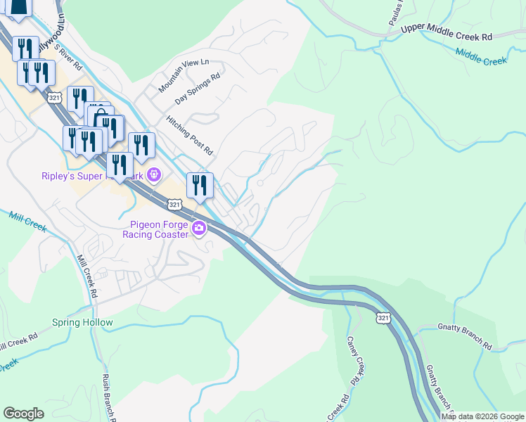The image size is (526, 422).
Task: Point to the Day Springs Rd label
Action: (x=198, y=89)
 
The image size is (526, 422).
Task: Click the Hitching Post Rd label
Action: (x=189, y=135)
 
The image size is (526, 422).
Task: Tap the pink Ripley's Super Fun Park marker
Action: (x=154, y=174)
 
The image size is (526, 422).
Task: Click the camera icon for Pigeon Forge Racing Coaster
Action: (x=199, y=227)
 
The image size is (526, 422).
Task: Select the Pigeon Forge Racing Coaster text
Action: (x=158, y=229)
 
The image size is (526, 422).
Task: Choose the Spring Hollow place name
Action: (x=82, y=323)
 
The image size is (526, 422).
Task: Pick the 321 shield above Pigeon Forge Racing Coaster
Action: (x=175, y=204)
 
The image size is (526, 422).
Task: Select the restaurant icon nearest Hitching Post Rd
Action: (x=200, y=185)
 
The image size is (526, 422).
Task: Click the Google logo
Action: (x=23, y=414)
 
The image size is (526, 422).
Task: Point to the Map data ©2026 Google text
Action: (x=482, y=416)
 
